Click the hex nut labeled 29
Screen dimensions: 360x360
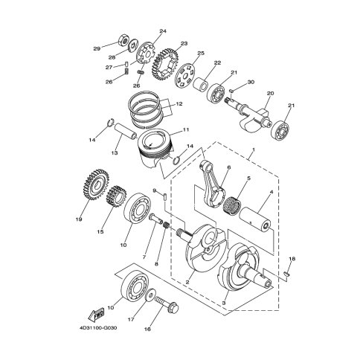(x=124, y=39)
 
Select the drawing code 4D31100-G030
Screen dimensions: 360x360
(x=98, y=328)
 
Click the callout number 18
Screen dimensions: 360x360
(x=292, y=259)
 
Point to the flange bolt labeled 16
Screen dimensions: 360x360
(x=167, y=304)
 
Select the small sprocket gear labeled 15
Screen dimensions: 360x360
(x=116, y=197)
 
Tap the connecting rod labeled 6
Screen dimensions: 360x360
(x=212, y=185)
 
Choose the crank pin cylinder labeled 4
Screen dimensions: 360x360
(x=255, y=219)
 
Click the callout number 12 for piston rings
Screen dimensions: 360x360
(x=179, y=104)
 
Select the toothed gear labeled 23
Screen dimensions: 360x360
(x=165, y=65)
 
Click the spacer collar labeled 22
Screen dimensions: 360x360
(x=200, y=84)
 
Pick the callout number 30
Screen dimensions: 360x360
(x=251, y=82)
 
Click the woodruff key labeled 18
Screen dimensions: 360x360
(x=286, y=274)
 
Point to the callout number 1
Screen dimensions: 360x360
(x=254, y=150)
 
